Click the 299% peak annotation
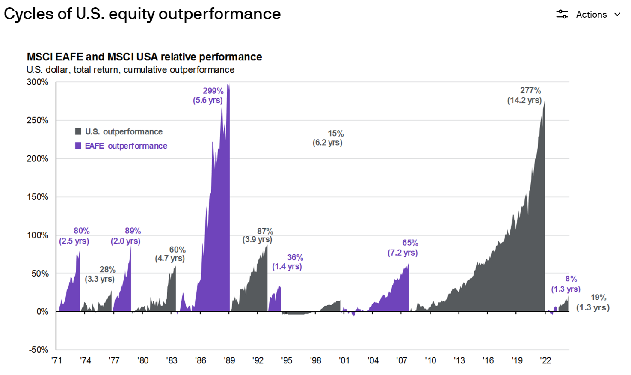click(213, 91)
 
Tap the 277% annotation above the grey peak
click(530, 90)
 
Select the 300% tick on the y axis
click(38, 82)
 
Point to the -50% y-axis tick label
click(39, 350)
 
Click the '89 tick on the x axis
click(229, 360)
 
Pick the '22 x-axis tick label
click(545, 360)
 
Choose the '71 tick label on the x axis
click(56, 360)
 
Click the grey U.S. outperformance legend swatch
click(78, 131)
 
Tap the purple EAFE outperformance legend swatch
click(78, 146)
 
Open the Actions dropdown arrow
click(617, 15)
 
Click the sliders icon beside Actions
click(562, 15)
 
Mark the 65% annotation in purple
click(410, 243)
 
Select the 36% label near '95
click(295, 257)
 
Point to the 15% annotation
click(336, 134)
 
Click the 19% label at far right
click(598, 297)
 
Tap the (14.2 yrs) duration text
click(524, 100)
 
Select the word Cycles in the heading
click(29, 14)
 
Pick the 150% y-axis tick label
click(38, 197)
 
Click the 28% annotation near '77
click(107, 269)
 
